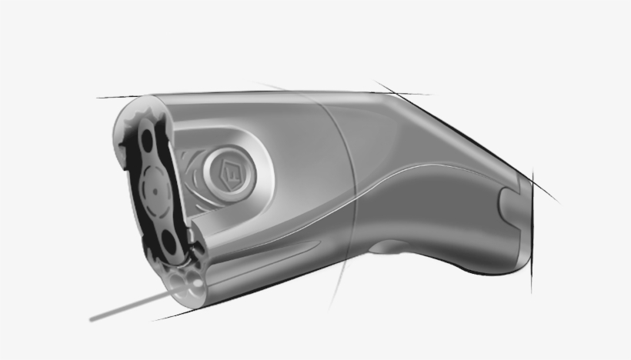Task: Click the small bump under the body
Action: pyautogui.click(x=397, y=248)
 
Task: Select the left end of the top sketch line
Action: pyautogui.click(x=98, y=98)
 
